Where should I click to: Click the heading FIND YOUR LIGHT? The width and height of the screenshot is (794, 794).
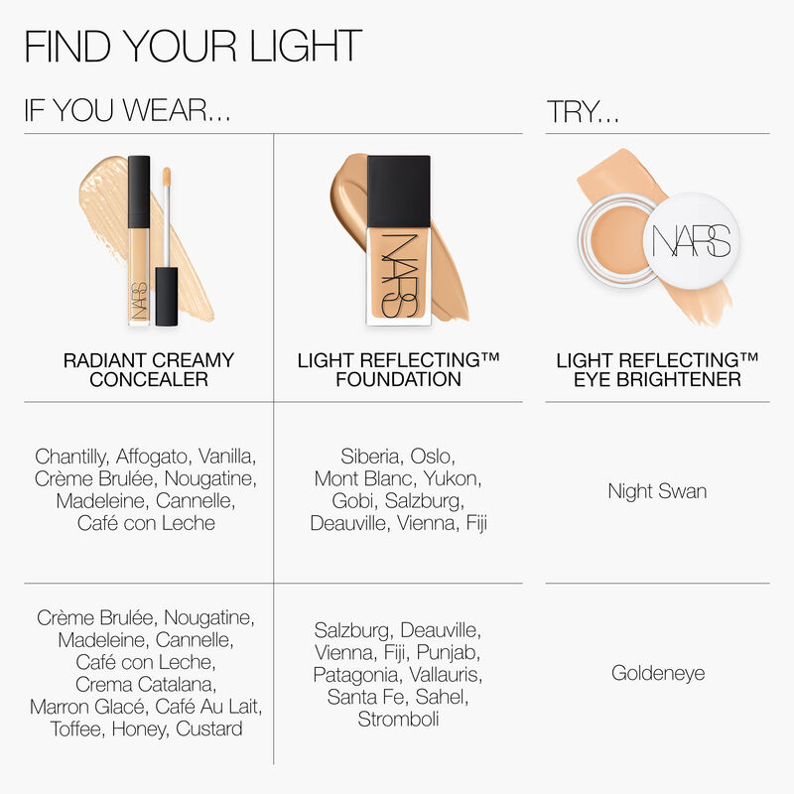pos(193,47)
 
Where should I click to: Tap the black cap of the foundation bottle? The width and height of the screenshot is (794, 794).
pos(398,189)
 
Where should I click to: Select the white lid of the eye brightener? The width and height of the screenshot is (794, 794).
pos(692,241)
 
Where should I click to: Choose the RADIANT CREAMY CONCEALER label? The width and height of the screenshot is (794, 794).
pos(148,369)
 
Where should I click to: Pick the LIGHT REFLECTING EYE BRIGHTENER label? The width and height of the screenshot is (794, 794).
pos(657,369)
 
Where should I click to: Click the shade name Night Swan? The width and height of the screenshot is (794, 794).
pos(657,491)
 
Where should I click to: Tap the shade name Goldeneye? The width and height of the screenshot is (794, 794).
pos(657,673)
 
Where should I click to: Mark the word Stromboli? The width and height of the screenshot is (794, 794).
pos(398,719)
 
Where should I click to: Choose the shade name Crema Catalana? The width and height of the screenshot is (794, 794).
pos(148,685)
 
